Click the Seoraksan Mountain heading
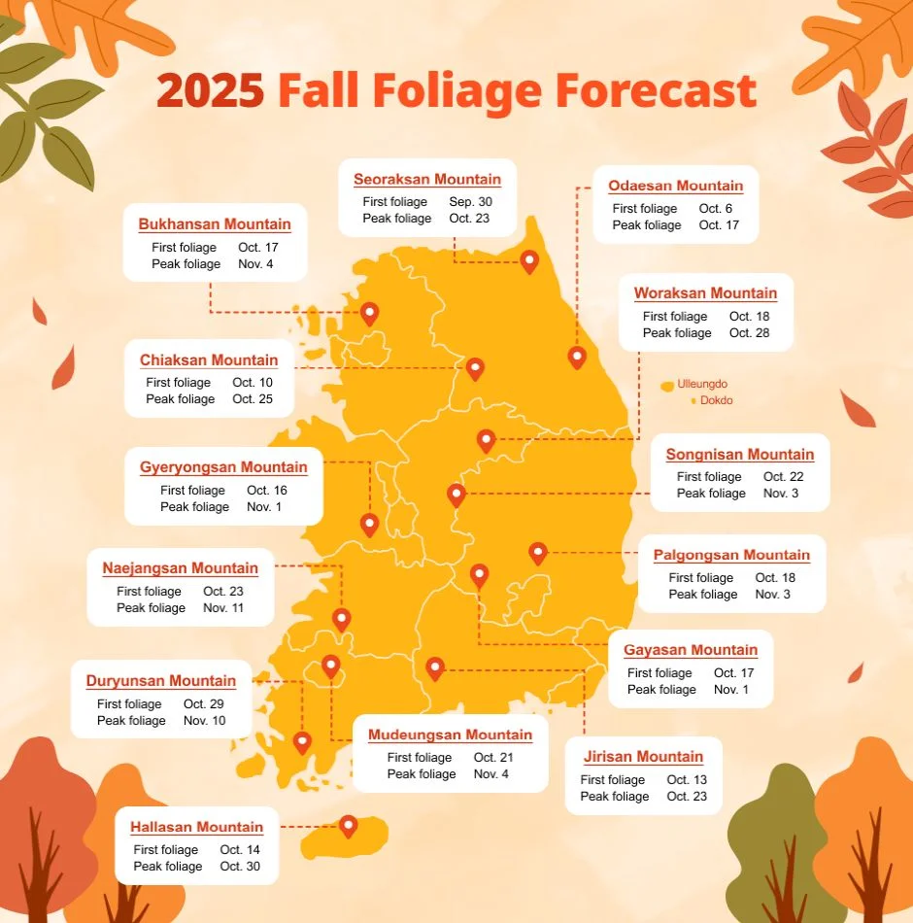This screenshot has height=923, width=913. (427, 180)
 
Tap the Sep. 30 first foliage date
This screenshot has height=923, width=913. (469, 202)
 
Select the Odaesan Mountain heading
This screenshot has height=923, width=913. (675, 187)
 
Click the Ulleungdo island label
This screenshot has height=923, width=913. (702, 385)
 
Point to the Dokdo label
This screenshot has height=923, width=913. (717, 400)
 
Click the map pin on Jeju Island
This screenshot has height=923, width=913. (348, 826)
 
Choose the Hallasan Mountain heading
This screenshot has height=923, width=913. (197, 828)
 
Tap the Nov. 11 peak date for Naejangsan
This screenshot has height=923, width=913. (223, 608)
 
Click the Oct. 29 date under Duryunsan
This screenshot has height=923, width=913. (204, 704)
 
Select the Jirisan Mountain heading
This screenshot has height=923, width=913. (643, 757)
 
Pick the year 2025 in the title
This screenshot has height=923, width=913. (210, 92)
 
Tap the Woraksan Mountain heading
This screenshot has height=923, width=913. (705, 293)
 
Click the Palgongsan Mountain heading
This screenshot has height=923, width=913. (731, 556)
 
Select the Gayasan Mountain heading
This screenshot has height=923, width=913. (691, 651)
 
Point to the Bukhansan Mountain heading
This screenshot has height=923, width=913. (215, 224)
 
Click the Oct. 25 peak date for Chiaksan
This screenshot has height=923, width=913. (253, 399)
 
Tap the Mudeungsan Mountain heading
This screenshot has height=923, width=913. (450, 735)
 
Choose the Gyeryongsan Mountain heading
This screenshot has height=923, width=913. (223, 467)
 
